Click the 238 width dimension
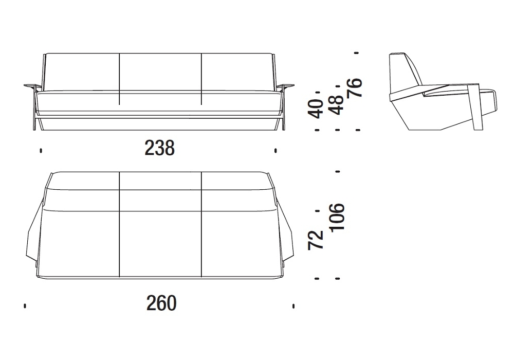tap(160, 148)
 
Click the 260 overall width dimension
tap(161, 303)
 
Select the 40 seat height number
tap(316, 109)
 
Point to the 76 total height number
tap(355, 87)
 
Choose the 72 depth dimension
tap(316, 241)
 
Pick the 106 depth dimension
tap(337, 218)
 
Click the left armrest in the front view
tap(33, 86)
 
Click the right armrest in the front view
tap(285, 86)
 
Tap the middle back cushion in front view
tap(160, 72)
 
